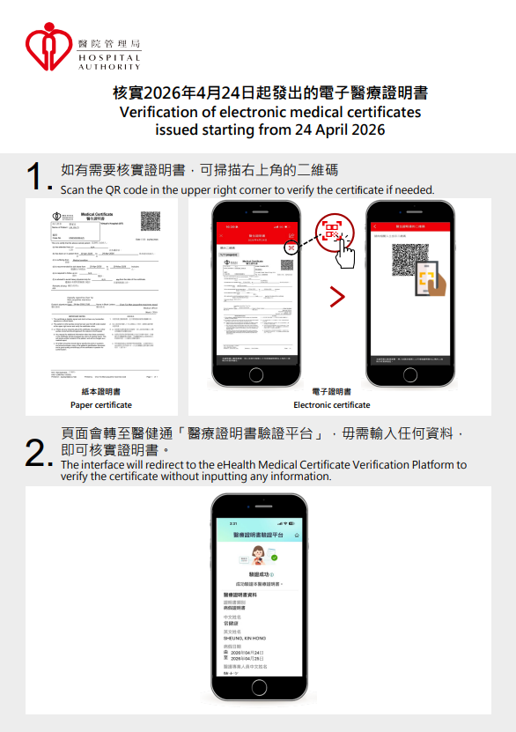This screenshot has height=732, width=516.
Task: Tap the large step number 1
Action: [34, 175]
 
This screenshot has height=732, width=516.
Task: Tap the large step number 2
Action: [34, 455]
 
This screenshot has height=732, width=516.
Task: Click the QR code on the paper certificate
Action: [150, 221]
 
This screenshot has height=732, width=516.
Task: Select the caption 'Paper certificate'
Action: [101, 405]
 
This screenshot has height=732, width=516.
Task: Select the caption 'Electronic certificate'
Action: [332, 405]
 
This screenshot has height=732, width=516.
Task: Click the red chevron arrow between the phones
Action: [337, 297]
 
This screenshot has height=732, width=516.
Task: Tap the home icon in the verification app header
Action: [296, 535]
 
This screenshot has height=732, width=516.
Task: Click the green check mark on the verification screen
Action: [274, 557]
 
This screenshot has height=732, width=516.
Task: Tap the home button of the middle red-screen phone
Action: [256, 374]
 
